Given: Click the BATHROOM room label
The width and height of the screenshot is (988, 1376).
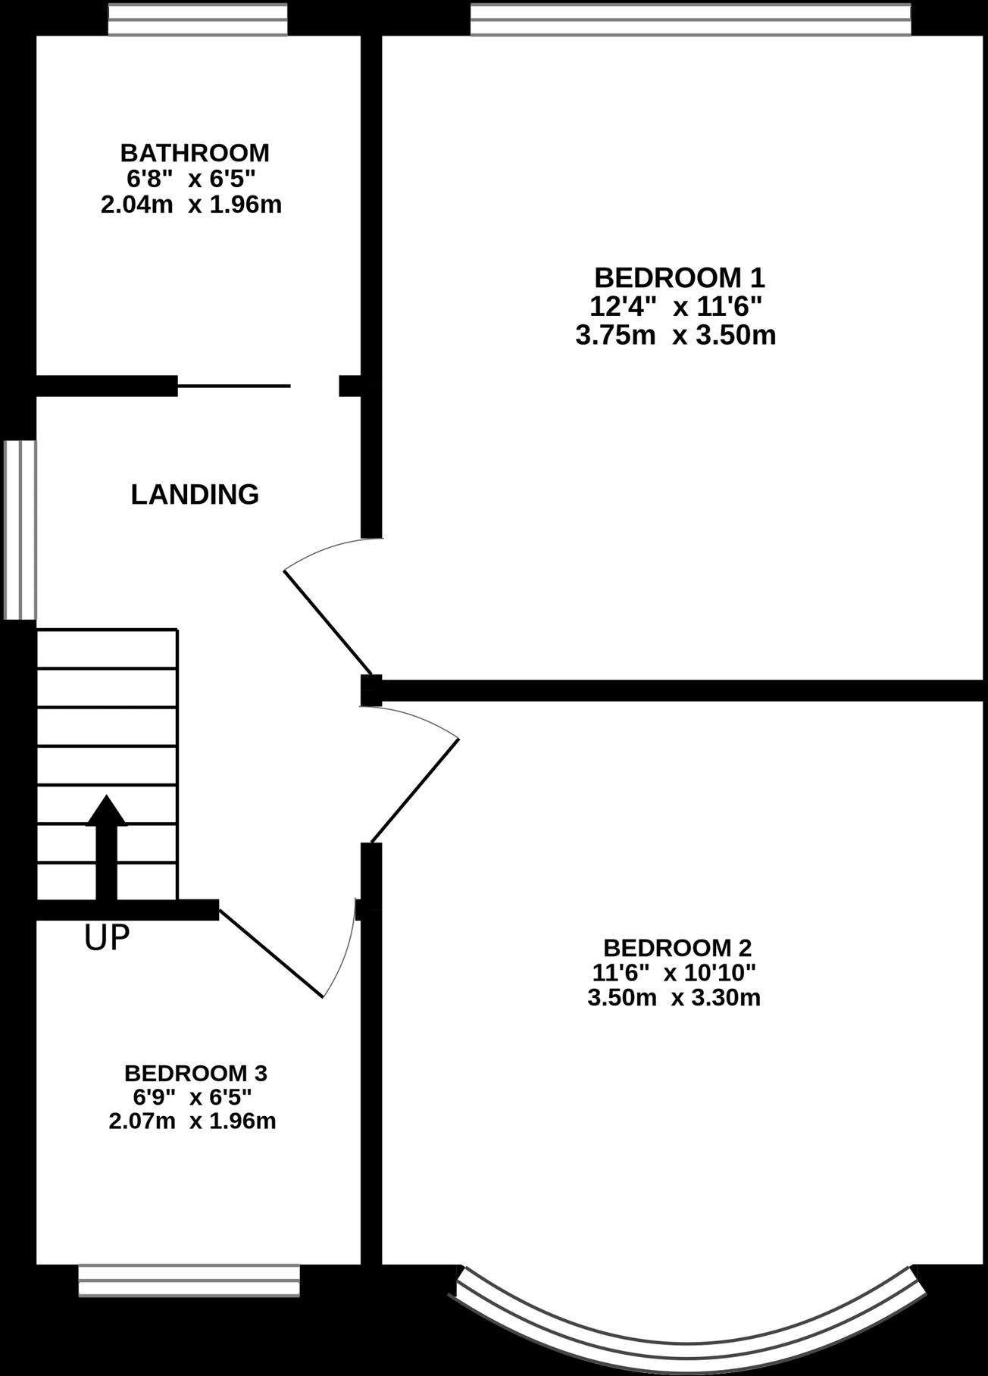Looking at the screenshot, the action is (195, 153).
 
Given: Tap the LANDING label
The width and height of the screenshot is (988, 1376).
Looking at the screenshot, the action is (195, 495).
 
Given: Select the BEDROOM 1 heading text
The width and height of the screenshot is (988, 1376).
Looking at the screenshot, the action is (680, 278).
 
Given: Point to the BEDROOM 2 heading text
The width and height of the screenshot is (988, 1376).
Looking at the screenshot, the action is (677, 948).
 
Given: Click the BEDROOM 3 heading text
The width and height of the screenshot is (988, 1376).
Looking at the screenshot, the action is (195, 1074).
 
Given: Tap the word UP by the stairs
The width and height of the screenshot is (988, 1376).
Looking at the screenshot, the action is (107, 938).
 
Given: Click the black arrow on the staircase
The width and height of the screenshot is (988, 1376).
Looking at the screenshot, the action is (107, 847).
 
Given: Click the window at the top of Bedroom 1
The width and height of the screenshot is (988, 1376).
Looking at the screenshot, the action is (690, 20).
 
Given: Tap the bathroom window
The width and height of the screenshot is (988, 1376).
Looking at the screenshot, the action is (198, 20).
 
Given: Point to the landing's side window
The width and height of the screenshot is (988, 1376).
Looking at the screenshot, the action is (20, 530).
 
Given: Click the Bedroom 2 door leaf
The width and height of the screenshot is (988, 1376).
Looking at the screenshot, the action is (414, 790).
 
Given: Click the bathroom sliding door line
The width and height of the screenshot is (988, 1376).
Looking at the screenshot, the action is (234, 386).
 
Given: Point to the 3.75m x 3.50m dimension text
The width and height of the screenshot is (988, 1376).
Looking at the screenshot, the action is (676, 335).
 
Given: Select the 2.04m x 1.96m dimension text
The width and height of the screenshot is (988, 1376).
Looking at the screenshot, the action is (192, 205).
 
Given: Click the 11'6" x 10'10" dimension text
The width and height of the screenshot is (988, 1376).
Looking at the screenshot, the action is (674, 972).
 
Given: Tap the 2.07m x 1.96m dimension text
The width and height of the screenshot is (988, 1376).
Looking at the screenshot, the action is (192, 1121).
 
